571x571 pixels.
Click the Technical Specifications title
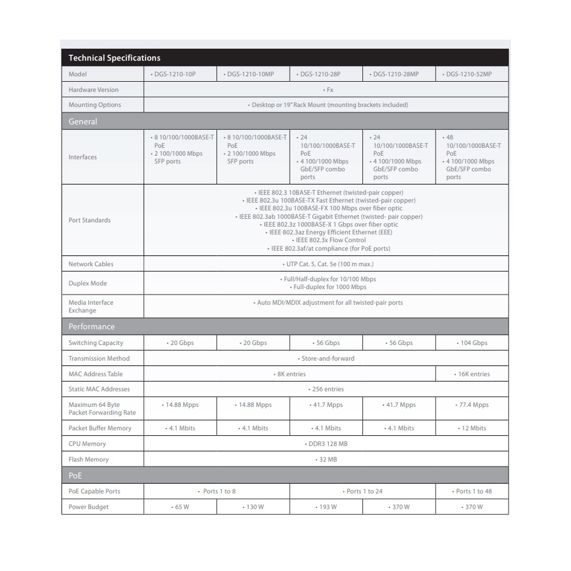[114, 58]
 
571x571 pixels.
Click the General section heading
[83, 121]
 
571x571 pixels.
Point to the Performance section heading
[91, 326]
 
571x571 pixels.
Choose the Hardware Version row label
[93, 90]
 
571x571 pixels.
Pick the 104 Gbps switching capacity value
[472, 343]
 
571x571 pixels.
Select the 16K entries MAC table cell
[472, 374]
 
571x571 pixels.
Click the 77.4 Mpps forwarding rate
[472, 405]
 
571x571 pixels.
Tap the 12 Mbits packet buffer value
[472, 428]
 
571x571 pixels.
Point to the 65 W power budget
[180, 507]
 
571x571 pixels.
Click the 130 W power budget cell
[254, 507]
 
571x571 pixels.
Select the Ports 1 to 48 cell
[472, 491]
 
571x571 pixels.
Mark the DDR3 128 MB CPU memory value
[326, 444]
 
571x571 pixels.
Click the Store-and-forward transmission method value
[326, 358]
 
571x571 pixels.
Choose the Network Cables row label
[91, 264]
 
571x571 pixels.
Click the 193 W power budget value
[326, 507]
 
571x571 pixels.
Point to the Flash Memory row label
[88, 459]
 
